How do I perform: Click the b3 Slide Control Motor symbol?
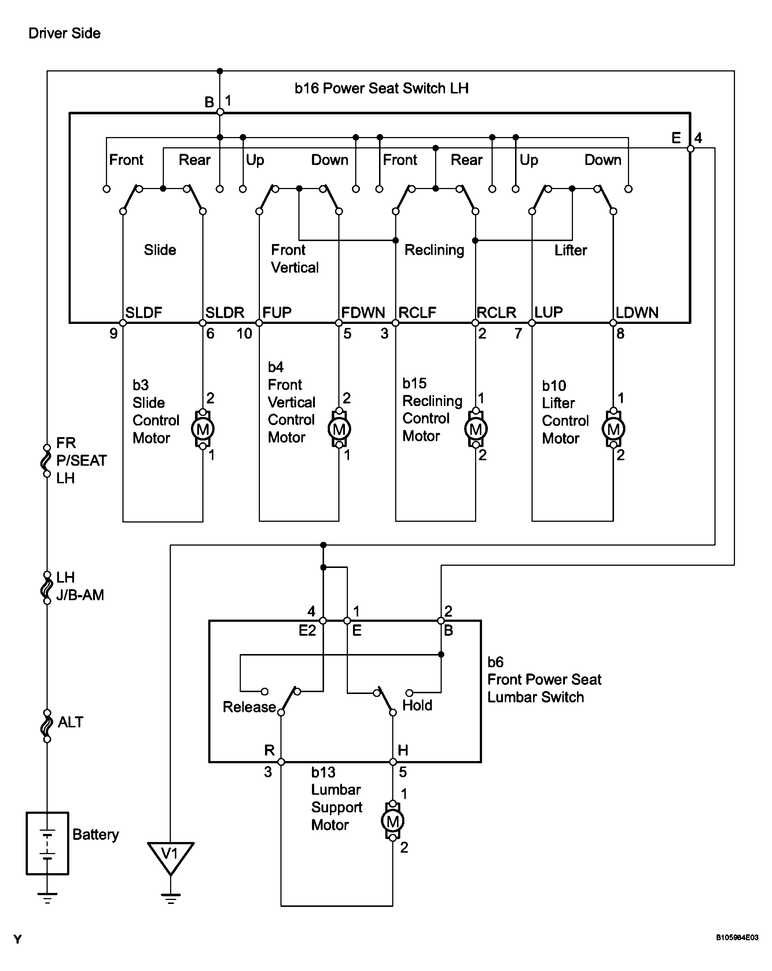[x=203, y=429]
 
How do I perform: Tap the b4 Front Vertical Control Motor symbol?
[x=339, y=429]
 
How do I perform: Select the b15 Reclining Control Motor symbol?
[x=475, y=429]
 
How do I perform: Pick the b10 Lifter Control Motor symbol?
[x=613, y=429]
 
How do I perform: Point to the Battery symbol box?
[x=47, y=843]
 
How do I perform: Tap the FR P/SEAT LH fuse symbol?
[x=47, y=461]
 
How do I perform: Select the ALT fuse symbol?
[x=47, y=726]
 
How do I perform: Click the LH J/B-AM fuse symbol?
[x=47, y=588]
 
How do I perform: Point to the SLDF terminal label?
[x=143, y=312]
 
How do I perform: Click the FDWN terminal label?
[x=363, y=312]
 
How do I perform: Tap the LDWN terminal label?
[x=637, y=312]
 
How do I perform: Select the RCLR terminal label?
[x=496, y=312]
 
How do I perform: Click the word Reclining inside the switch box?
[x=434, y=250]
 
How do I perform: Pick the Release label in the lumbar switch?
[x=249, y=707]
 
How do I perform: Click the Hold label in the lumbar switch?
[x=417, y=705]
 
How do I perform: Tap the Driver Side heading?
[x=65, y=33]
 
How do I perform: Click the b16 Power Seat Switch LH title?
[x=382, y=88]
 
